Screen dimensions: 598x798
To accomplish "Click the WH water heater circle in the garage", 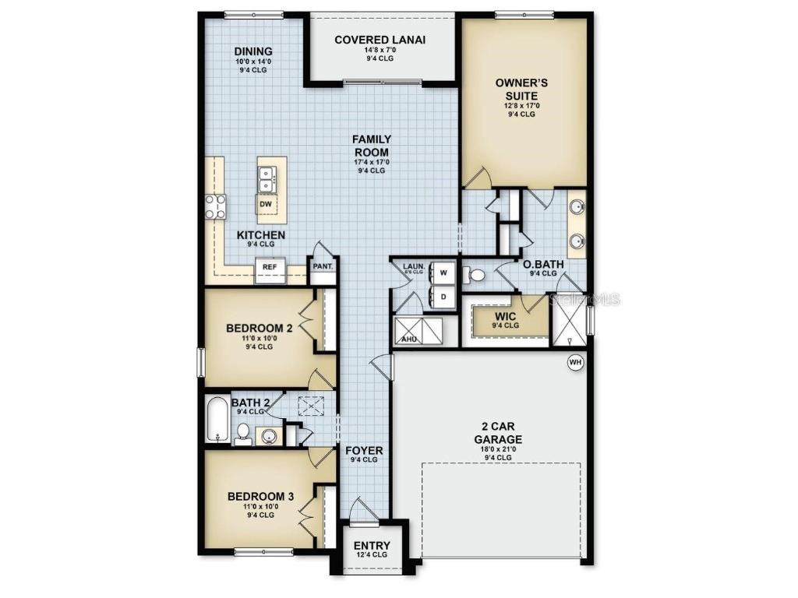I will [575, 362].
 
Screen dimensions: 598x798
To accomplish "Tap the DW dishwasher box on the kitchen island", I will [266, 205].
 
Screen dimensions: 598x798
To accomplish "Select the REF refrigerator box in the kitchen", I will [270, 267].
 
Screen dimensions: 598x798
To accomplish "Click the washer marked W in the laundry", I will [443, 273].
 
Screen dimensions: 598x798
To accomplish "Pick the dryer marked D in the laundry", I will [443, 297].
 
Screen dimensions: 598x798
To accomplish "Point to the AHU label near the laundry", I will [408, 339].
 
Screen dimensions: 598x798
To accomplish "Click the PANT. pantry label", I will [323, 266].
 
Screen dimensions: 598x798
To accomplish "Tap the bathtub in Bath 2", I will [217, 420].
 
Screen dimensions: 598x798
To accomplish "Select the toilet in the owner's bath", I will [474, 274].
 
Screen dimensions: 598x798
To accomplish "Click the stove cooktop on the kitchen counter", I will [216, 206].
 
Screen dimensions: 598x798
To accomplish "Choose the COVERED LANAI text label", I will [380, 40].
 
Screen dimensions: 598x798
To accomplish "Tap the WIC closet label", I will [506, 316].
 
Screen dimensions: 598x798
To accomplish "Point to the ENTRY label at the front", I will [371, 546].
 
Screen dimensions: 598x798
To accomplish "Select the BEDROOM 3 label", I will [260, 496].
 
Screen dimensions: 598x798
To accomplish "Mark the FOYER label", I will [363, 450].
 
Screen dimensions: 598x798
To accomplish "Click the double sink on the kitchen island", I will [267, 179].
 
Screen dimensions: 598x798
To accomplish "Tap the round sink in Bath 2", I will [270, 435].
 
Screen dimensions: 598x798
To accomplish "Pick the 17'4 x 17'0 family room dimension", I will [372, 162].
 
